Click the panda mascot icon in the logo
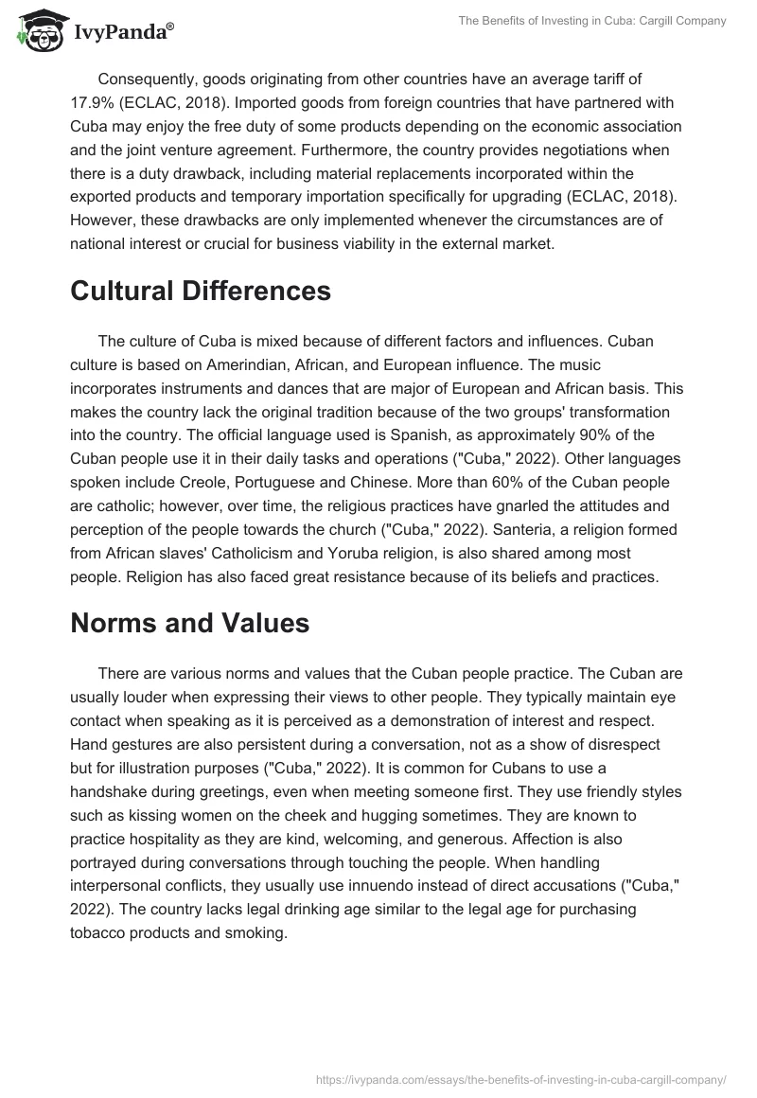point(37,32)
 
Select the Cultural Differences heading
point(200,291)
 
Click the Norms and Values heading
point(190,623)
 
